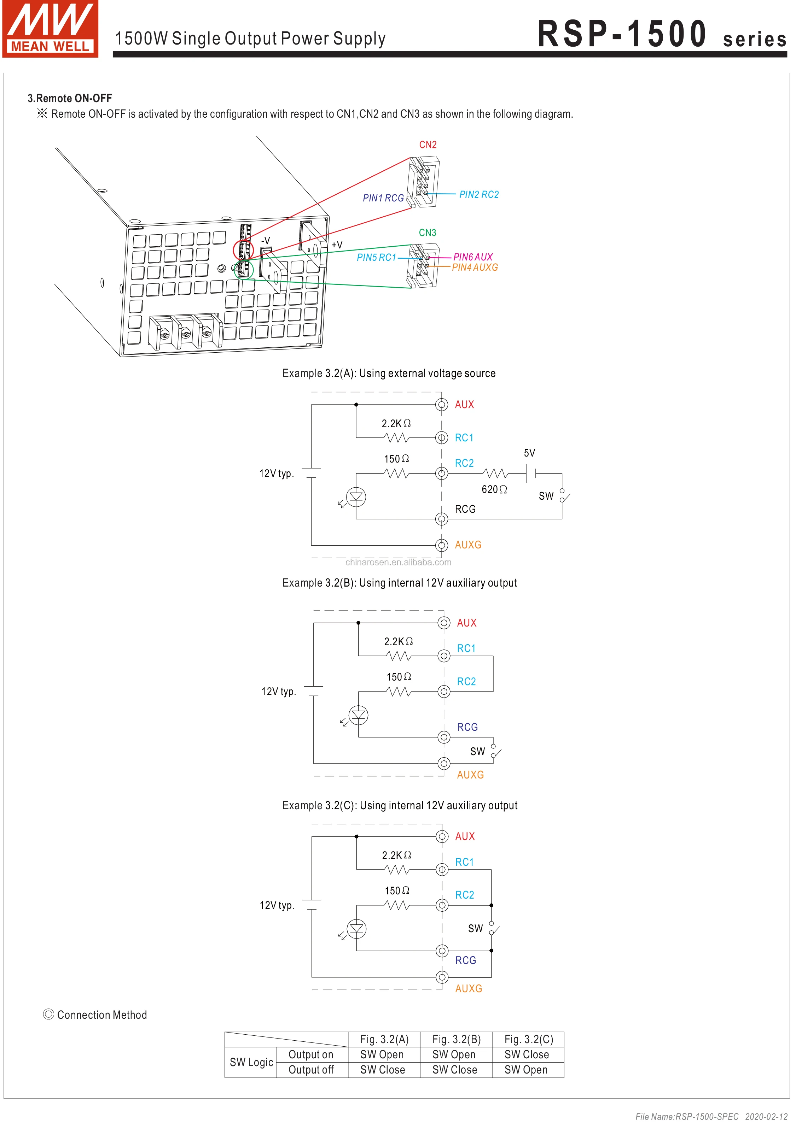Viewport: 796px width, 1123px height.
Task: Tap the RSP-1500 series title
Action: [x=661, y=34]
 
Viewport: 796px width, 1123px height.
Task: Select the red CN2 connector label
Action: [x=428, y=145]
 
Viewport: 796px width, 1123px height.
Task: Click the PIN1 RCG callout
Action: [x=383, y=198]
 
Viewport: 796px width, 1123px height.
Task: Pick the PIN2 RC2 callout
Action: [x=479, y=194]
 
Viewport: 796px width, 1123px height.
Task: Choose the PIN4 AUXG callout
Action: [x=475, y=267]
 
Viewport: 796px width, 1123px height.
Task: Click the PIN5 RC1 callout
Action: [x=376, y=257]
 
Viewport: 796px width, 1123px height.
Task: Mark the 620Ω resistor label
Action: [x=494, y=489]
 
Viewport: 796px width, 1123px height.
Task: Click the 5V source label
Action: [x=529, y=453]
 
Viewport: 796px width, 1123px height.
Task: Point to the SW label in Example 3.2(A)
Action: [x=546, y=496]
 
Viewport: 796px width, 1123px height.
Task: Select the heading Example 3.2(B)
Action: [x=400, y=583]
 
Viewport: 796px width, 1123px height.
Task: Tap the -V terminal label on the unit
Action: [x=265, y=241]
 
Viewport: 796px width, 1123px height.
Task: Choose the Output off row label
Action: [x=311, y=1070]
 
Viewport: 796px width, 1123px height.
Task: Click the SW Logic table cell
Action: [x=251, y=1062]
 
